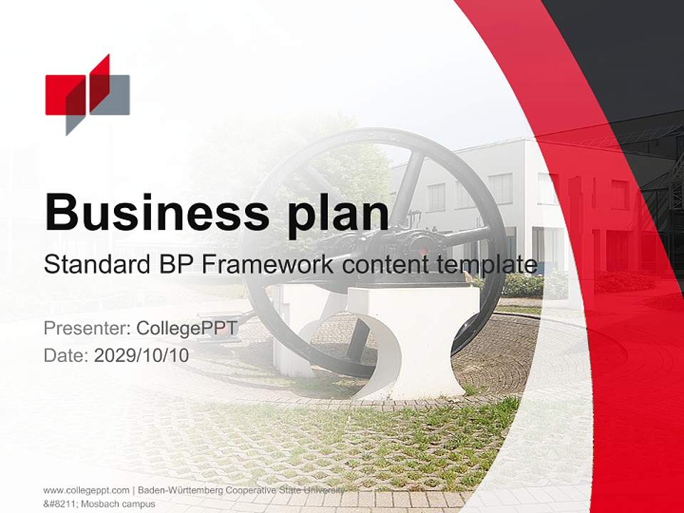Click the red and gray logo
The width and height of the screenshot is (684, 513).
coord(87,94)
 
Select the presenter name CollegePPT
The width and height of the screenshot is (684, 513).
coord(187,328)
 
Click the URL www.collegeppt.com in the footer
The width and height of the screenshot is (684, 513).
coord(86,490)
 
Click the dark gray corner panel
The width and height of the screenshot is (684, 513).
coord(627,50)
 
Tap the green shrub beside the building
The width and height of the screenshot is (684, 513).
coord(524,285)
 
